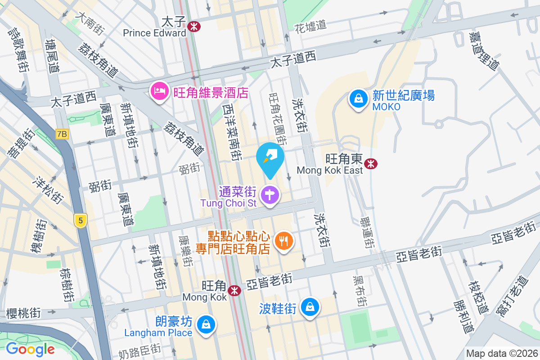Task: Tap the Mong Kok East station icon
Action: (x=371, y=163)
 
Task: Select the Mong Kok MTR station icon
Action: (x=234, y=291)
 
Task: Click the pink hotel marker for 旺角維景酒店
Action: (x=159, y=92)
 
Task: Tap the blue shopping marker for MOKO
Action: (x=359, y=100)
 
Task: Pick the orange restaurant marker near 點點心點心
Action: (x=283, y=241)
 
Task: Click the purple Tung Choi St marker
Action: (x=270, y=196)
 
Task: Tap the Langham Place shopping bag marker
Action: (x=205, y=324)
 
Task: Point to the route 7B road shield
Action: (x=62, y=134)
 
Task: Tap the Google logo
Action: (x=30, y=349)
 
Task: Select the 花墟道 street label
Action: (x=310, y=26)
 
